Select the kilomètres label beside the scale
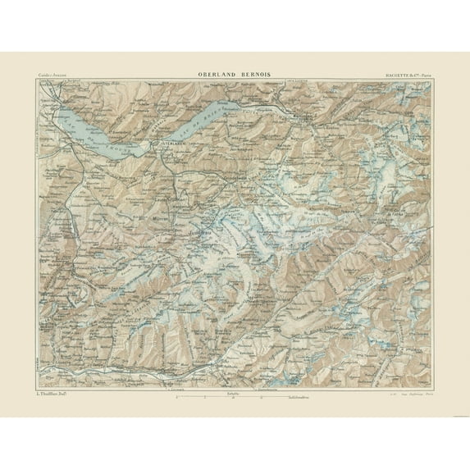tap(279, 399)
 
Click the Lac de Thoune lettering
tap(123, 148)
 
